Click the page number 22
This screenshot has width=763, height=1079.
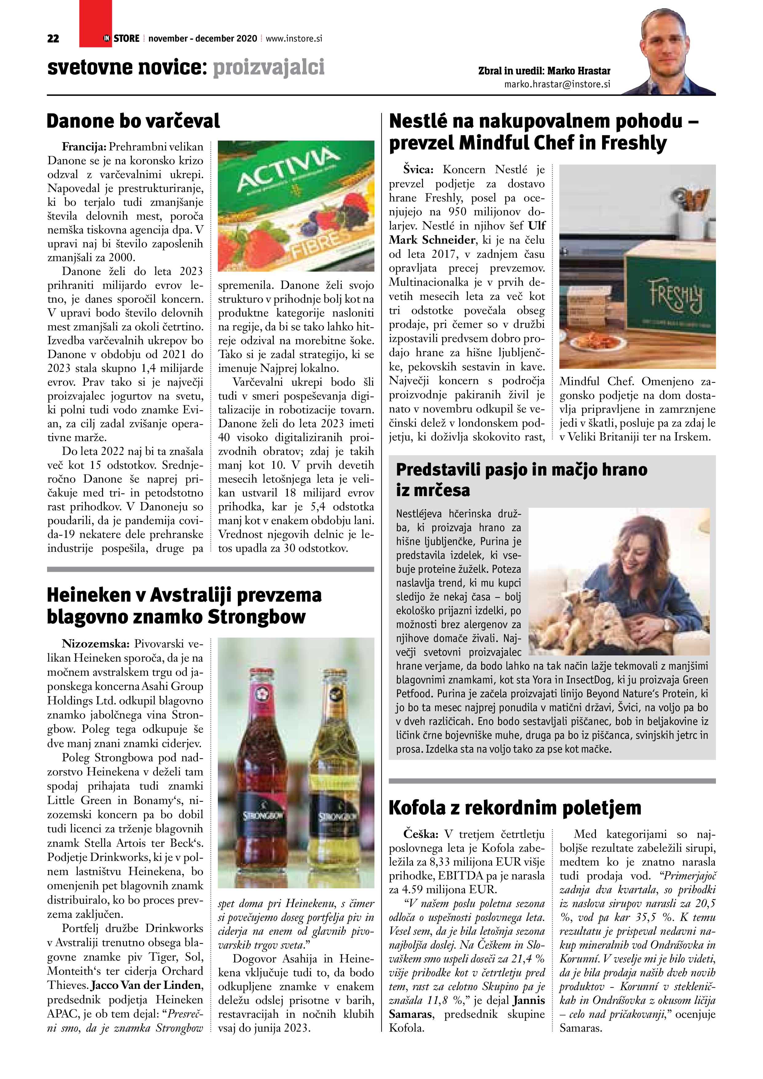click(x=53, y=38)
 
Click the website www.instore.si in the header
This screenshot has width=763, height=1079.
click(x=294, y=38)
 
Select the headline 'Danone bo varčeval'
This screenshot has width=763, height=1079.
click(x=133, y=121)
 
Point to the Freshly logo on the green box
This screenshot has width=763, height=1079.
click(x=677, y=295)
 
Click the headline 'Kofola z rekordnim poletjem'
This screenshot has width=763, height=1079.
click(x=515, y=808)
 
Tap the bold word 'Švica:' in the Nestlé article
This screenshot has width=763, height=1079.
click(x=418, y=169)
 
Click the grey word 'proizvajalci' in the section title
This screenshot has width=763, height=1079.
click(x=269, y=67)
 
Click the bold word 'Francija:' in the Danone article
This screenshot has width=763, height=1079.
click(x=84, y=147)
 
